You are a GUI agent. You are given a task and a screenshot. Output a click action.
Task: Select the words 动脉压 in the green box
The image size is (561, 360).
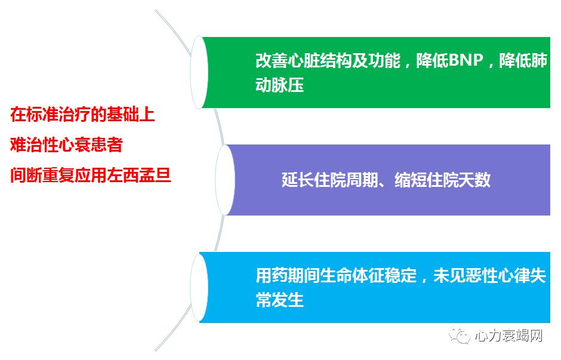click(280, 85)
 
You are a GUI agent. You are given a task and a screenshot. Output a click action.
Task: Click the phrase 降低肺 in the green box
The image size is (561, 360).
click(523, 62)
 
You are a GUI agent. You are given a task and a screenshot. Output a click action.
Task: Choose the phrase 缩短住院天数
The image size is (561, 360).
click(442, 180)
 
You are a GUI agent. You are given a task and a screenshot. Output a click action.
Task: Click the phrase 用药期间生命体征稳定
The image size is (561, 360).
click(336, 277)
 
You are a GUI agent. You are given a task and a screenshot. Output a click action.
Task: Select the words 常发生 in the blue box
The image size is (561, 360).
click(280, 300)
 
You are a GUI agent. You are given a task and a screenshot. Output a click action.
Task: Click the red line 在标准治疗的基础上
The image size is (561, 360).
click(82, 113)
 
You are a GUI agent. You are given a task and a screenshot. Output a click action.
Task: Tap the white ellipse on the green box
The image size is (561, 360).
click(199, 72)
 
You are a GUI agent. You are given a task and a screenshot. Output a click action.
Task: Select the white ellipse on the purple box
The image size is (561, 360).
click(224, 180)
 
